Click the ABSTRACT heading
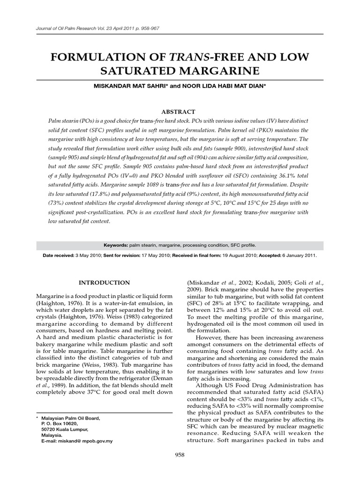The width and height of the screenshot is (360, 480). (x=180, y=112)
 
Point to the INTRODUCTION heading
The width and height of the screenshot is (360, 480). (x=104, y=283)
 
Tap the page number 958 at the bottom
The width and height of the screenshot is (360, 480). (x=180, y=454)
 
